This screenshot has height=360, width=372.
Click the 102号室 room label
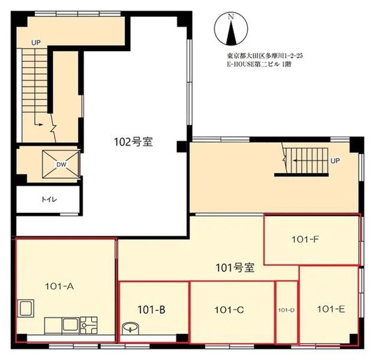133,142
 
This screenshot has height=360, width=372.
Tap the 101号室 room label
235,268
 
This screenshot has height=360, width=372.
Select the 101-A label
59,286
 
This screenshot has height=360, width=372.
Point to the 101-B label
151,310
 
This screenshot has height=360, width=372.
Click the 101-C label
229,310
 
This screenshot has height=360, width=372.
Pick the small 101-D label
286,310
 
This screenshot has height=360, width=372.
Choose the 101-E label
331,309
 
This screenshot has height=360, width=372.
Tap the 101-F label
305,239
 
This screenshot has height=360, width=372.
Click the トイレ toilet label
49,199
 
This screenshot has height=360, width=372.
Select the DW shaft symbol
61,164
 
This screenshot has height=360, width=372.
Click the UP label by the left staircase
36,43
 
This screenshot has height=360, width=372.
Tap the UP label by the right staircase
335,161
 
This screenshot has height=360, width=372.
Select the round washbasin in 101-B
130,328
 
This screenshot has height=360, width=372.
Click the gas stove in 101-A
88,325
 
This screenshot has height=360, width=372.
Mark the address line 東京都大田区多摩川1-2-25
265,56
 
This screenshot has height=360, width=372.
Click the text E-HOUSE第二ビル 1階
259,64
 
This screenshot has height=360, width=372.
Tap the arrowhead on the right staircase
295,161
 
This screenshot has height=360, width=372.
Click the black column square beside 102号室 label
182,146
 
